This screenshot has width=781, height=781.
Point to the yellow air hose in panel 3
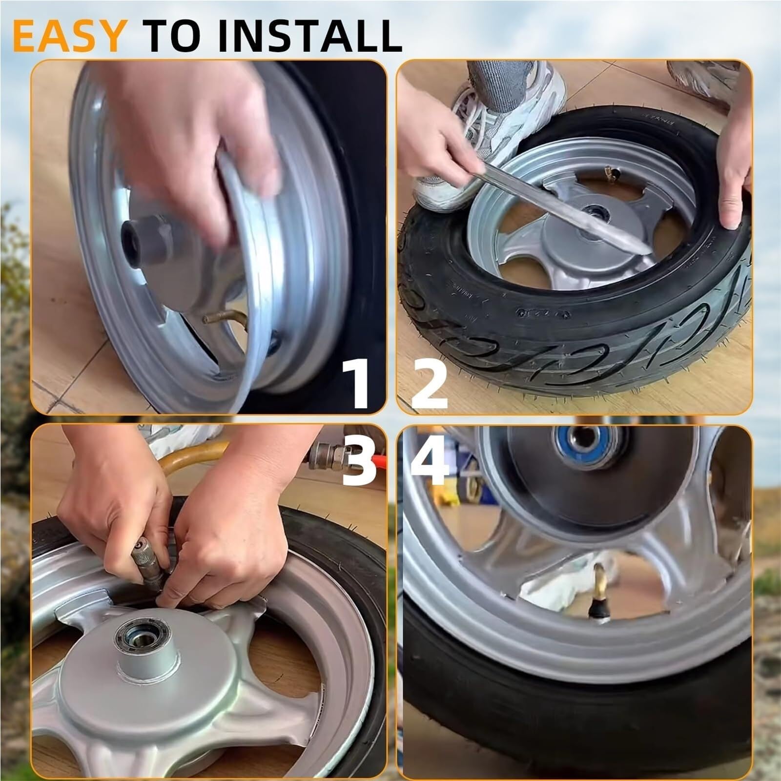pos(195,456)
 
